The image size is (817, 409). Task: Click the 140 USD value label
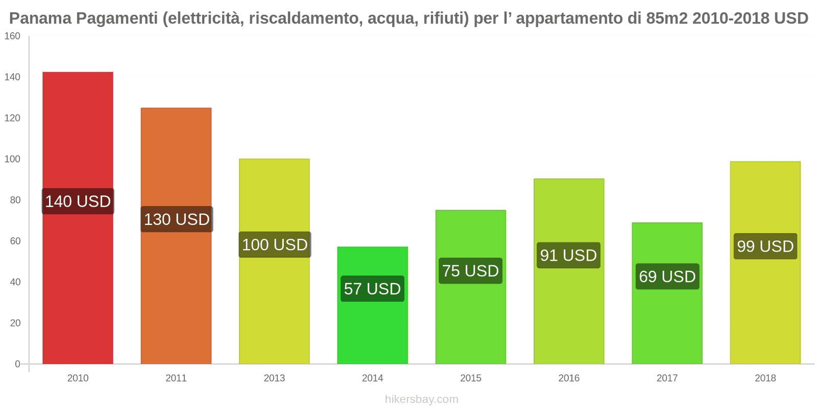point(78,201)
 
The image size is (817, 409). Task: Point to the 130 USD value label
point(177,219)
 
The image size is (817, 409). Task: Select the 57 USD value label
point(372,289)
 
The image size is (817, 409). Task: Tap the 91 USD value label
point(568,255)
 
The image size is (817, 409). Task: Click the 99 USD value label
point(765,246)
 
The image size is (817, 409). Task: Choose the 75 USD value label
point(470,271)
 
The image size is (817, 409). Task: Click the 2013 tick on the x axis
point(274,378)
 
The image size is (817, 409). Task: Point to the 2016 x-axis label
point(569,378)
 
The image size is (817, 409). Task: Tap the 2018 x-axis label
point(765,378)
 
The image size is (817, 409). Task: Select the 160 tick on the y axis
point(12,36)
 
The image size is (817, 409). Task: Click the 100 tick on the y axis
point(12,159)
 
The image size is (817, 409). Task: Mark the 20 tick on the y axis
point(15,323)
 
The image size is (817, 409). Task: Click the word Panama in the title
point(40,18)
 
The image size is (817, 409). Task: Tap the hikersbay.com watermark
point(421,399)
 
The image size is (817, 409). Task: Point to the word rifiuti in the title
point(443,18)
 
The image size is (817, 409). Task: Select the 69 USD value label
point(667,277)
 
